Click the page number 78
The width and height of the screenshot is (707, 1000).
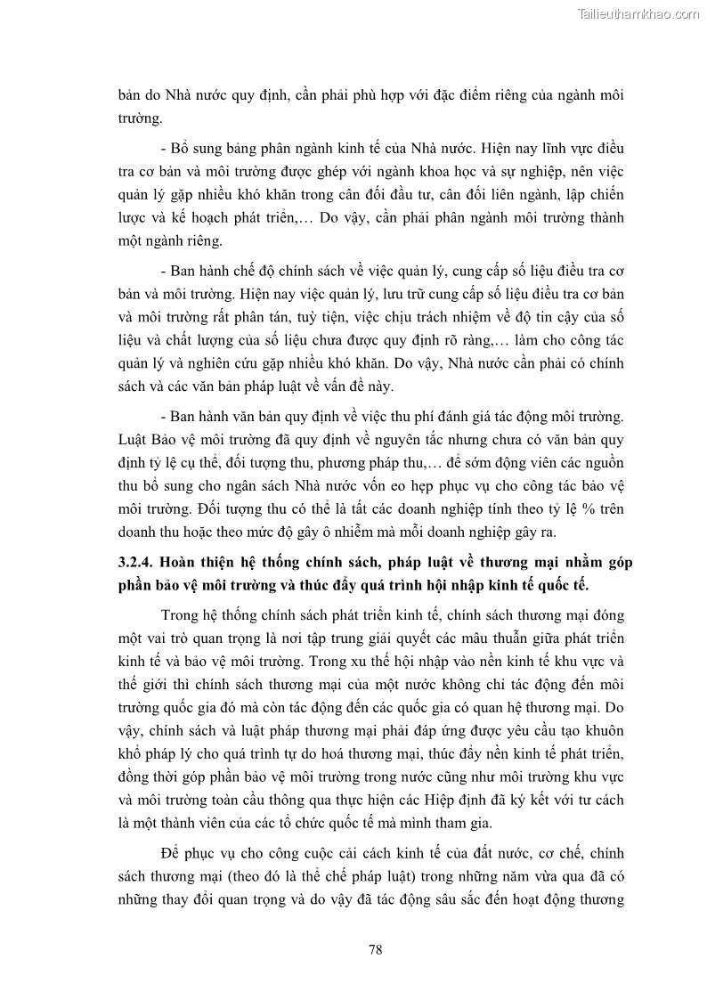(x=375, y=949)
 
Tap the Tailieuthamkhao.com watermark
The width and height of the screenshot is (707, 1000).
(x=639, y=13)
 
